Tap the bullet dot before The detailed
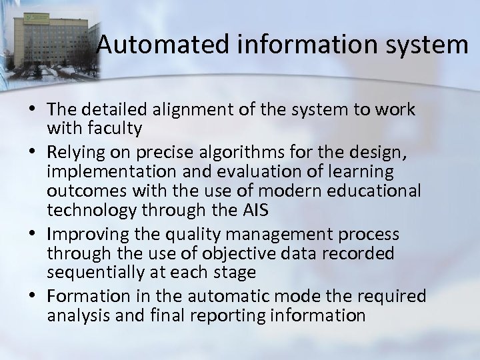tap(33, 109)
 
